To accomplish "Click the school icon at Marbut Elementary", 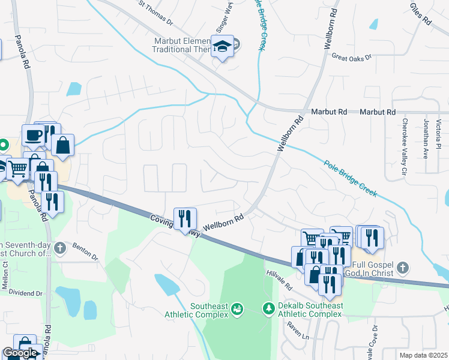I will point(223,47).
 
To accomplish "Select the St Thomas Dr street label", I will point(155,13).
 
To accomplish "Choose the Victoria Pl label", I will point(439,135).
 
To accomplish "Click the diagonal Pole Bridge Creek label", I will point(351,178).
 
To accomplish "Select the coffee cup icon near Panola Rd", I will point(32,135).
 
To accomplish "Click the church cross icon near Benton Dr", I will point(59,247).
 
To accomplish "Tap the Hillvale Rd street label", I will point(279,280).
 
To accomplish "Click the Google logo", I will point(20,353).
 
